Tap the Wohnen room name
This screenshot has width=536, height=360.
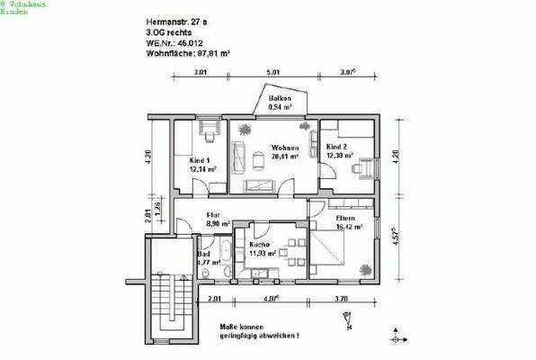[x=284, y=147]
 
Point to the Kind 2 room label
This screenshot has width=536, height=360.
[x=336, y=146]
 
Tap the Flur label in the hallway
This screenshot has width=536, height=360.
[x=213, y=215]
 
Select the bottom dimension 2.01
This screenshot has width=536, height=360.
[x=214, y=299]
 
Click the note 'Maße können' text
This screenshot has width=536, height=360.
[x=246, y=327]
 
